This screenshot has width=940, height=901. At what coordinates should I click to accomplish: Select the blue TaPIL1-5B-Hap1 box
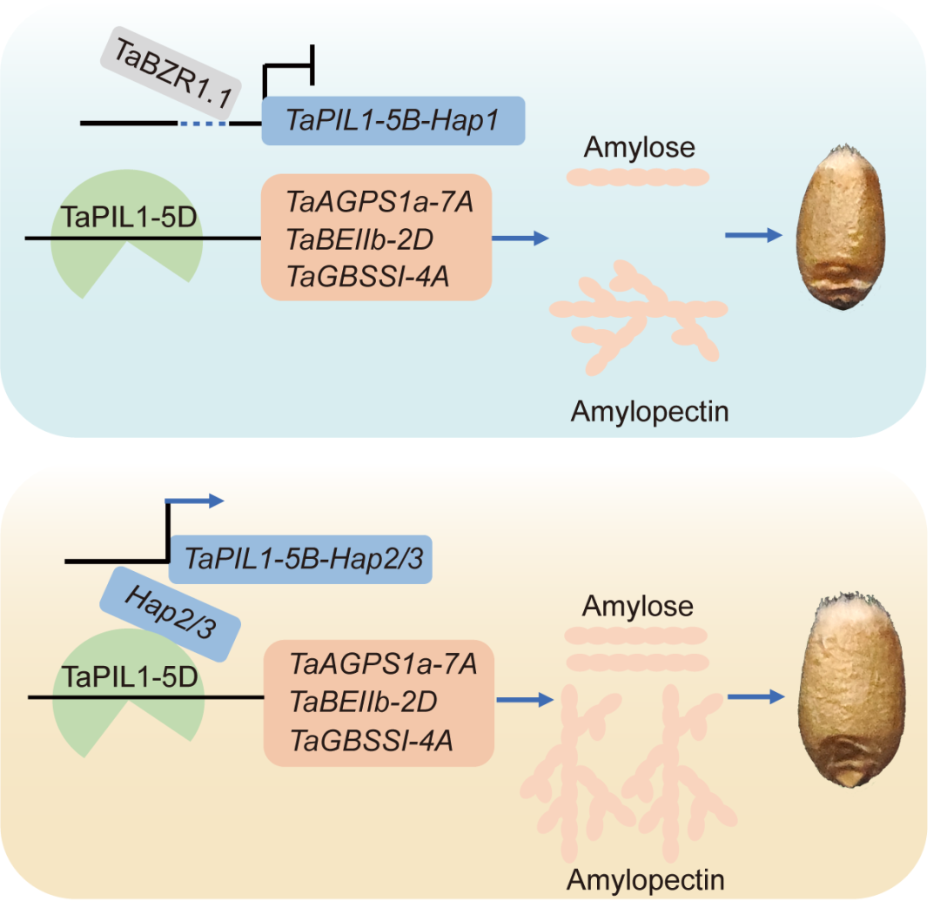tap(393, 120)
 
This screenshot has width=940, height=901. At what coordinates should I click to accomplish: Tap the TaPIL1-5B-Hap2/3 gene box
tap(299, 559)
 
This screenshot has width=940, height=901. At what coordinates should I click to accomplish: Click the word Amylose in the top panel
tap(639, 147)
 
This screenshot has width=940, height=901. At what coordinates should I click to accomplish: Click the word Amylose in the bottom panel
tap(638, 605)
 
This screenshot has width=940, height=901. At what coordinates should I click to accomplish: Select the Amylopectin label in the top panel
tap(649, 410)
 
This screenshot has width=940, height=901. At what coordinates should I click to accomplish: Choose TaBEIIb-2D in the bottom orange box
tap(363, 702)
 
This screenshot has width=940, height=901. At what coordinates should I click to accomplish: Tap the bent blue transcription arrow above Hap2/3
tap(191, 502)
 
